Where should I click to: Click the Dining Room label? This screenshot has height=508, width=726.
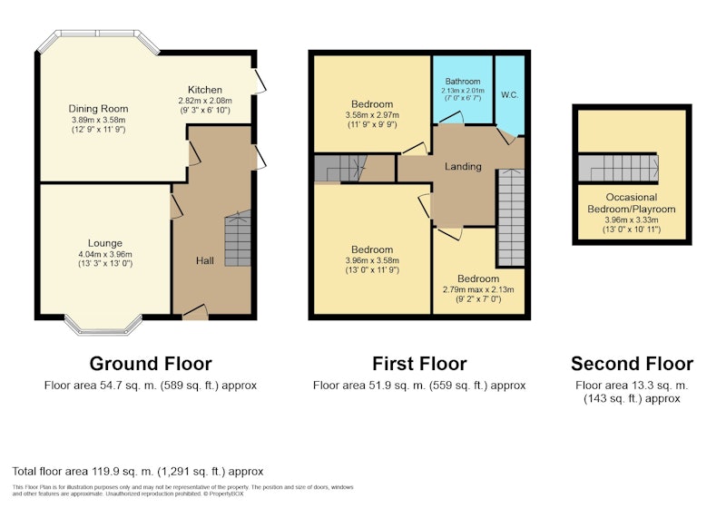[98, 109]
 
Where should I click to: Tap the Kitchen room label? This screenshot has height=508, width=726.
[205, 90]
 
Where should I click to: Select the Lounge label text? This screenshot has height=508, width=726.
[105, 243]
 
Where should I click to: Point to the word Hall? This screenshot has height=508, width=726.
[205, 260]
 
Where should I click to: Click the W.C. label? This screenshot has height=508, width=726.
[509, 95]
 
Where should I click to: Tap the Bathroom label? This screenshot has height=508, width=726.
[463, 82]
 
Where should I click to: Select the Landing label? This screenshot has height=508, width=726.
[463, 167]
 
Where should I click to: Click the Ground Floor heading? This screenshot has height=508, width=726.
[151, 364]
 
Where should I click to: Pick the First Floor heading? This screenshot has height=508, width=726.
[419, 364]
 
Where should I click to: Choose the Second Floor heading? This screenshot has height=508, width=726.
[632, 364]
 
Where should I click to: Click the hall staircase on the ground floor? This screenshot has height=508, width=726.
[238, 239]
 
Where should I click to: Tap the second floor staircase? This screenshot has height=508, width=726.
[619, 168]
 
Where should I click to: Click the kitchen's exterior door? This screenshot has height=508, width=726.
[260, 82]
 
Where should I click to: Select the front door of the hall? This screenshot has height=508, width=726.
[195, 311]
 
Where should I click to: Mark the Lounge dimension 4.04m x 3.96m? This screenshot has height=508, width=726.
[105, 254]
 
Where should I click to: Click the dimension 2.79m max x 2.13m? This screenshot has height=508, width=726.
[478, 289]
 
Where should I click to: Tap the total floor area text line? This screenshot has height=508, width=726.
[138, 472]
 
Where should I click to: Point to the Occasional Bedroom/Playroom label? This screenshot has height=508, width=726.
[632, 203]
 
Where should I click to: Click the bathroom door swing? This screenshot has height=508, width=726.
[451, 118]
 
